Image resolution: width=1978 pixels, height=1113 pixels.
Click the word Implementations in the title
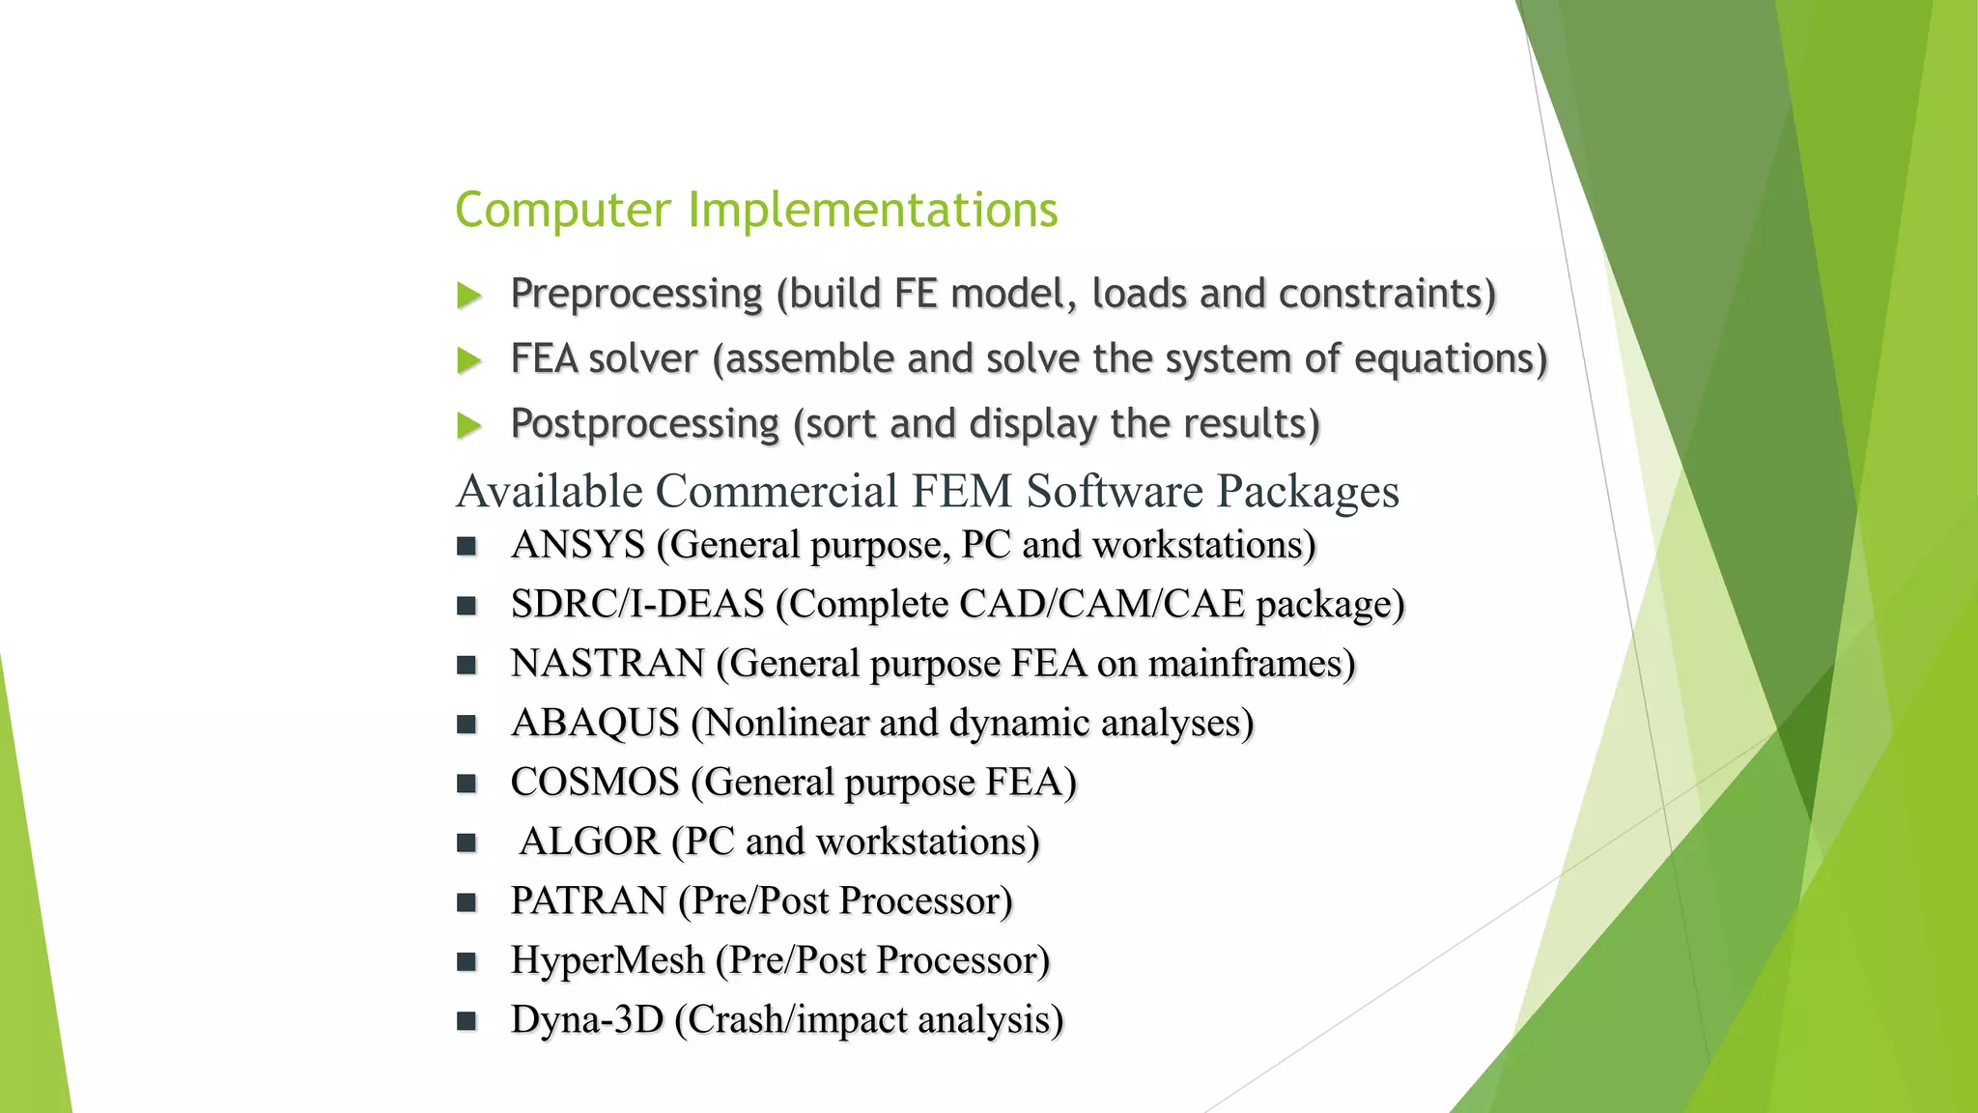[872, 211]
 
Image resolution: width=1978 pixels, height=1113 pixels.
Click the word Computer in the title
[562, 211]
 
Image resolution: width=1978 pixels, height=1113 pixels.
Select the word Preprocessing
[636, 294]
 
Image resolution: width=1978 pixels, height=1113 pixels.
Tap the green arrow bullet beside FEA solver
[469, 360]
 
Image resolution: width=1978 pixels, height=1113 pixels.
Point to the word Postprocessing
[644, 424]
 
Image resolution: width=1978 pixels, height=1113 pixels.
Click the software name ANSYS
[578, 545]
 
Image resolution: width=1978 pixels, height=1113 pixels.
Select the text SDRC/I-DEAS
[637, 605]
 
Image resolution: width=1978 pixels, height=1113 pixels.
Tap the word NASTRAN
[608, 664]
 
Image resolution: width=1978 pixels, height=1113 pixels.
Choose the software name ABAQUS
[595, 723]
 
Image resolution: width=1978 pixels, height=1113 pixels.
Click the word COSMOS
[595, 782]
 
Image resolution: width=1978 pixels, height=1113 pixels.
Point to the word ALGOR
[589, 842]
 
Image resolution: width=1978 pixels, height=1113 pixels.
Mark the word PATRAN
[588, 900]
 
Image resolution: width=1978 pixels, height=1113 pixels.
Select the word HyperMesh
[608, 960]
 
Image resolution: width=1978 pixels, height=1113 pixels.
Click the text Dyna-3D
[587, 1019]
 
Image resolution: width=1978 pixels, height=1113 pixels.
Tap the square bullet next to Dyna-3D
[467, 1020]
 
